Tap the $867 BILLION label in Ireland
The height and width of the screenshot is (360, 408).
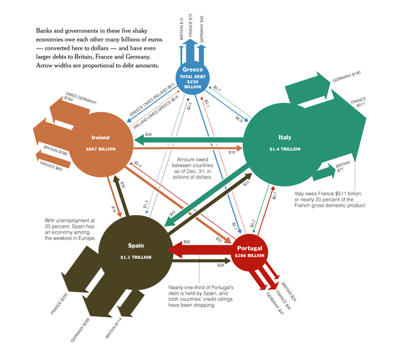click(x=100, y=150)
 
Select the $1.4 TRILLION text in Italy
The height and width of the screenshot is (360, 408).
click(x=284, y=149)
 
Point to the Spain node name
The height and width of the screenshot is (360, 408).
click(x=135, y=246)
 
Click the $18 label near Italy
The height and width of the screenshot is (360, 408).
click(x=231, y=152)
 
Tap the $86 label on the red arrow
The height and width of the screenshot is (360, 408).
click(x=186, y=241)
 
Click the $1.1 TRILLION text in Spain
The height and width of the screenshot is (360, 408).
click(x=135, y=257)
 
